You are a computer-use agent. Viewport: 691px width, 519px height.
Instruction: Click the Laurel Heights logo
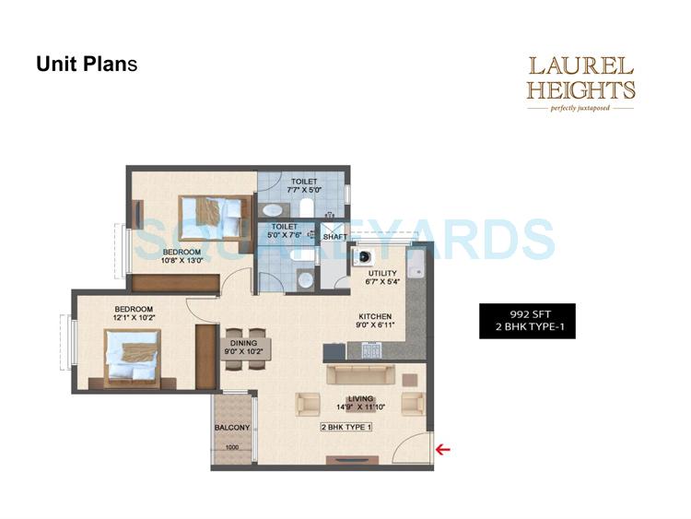[x=580, y=84]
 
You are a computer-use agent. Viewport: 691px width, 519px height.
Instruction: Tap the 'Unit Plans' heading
[x=87, y=65]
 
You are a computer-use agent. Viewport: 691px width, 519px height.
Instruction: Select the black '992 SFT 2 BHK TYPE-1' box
[x=527, y=321]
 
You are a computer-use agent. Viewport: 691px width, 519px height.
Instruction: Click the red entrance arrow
[x=443, y=450]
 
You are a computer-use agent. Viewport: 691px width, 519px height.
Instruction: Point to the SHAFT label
[x=334, y=236]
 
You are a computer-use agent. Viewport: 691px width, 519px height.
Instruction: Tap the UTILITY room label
[x=382, y=274]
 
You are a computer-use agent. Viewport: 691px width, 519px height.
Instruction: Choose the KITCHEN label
[x=375, y=316]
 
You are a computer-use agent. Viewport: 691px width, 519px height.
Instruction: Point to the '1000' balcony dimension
[x=231, y=448]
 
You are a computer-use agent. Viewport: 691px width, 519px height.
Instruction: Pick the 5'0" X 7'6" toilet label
[x=284, y=230]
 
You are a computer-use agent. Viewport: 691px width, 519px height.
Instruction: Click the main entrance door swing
[x=412, y=446]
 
